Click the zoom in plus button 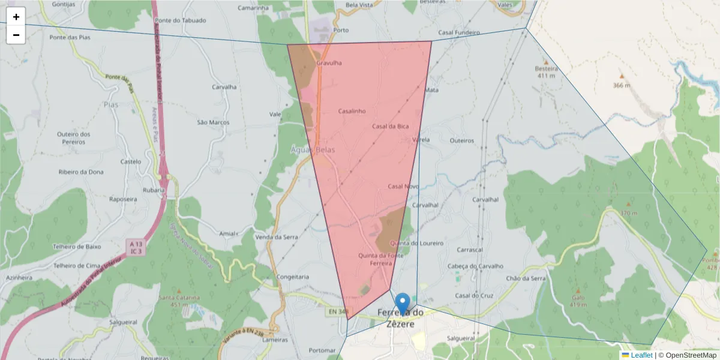(16, 17)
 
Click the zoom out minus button (16, 35)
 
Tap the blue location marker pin (403, 304)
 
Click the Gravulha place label (329, 62)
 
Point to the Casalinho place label (352, 111)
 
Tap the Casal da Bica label (390, 126)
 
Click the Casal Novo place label (403, 187)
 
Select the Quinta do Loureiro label (416, 243)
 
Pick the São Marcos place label (214, 122)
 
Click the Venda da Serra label (277, 237)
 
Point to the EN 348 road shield (338, 311)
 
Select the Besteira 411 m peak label (546, 71)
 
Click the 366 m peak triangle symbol (622, 76)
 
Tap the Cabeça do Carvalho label (475, 266)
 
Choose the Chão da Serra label (526, 278)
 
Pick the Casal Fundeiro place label (459, 32)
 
